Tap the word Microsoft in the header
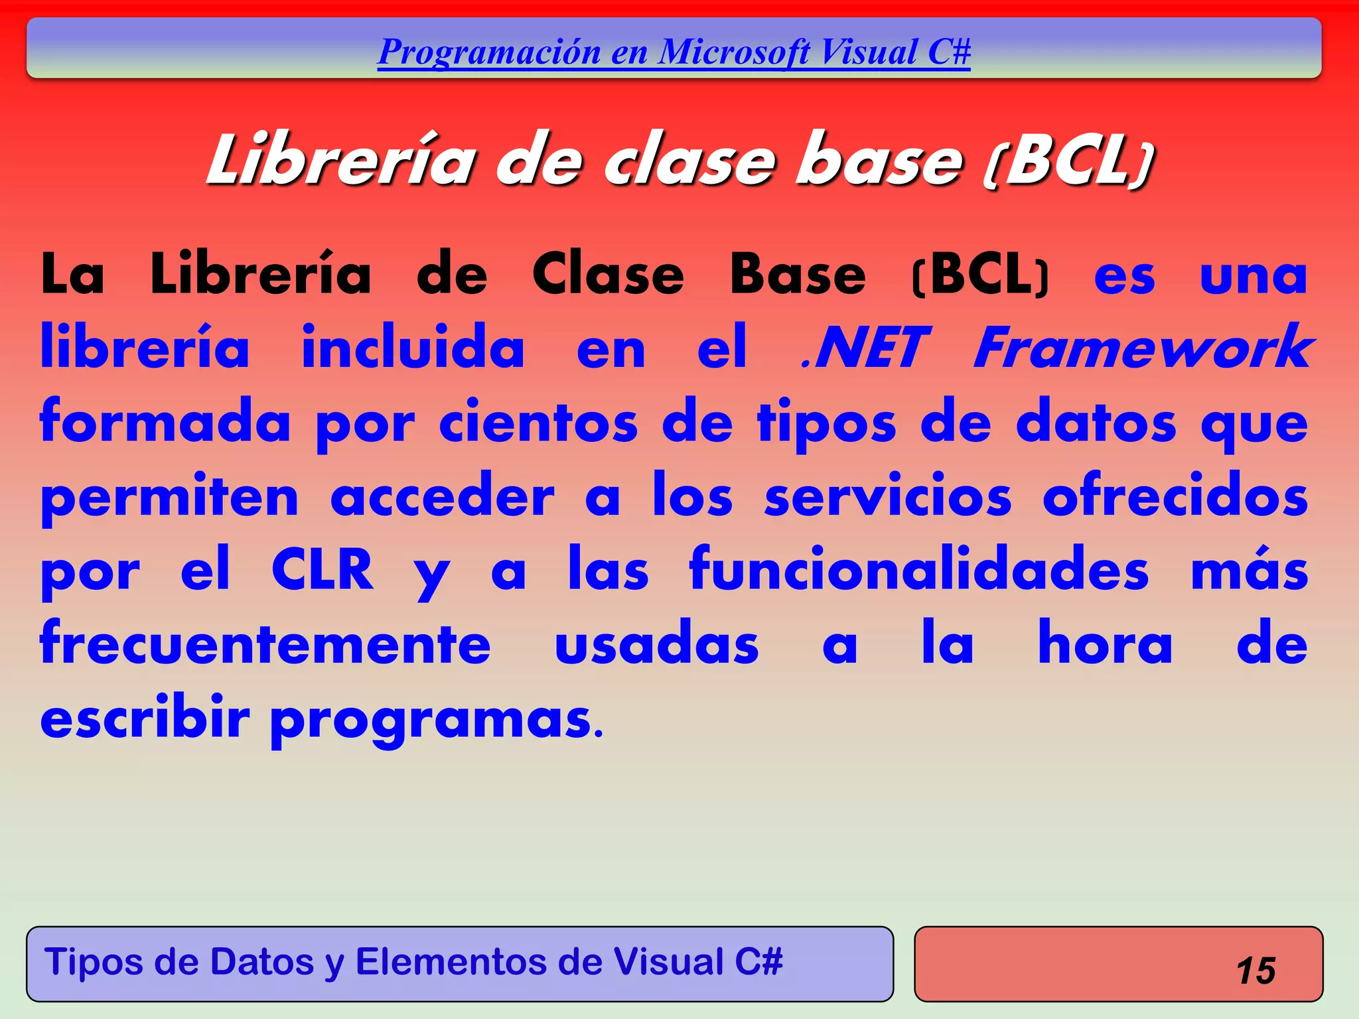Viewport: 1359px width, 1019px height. tap(734, 52)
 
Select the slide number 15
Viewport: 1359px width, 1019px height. tap(1255, 971)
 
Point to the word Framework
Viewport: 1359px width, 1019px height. tap(1143, 348)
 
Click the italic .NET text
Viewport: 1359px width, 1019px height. tap(864, 348)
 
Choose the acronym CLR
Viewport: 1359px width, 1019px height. tap(322, 569)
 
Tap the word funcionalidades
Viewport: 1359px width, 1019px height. tap(919, 569)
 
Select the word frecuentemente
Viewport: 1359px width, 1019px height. tap(265, 644)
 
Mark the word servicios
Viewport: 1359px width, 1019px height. tap(888, 496)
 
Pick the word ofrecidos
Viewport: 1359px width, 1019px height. tap(1175, 496)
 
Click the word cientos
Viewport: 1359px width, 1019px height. tap(538, 423)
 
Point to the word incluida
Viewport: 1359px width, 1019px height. tap(413, 348)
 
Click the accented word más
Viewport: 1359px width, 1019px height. tap(1250, 569)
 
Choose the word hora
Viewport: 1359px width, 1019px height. tap(1106, 644)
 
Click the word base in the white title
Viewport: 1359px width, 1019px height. tap(879, 162)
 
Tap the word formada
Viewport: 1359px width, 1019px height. tap(165, 423)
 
